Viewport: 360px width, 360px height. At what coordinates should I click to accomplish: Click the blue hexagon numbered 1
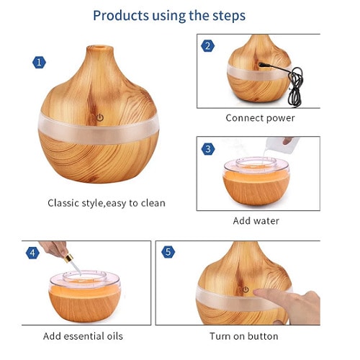[x=39, y=63]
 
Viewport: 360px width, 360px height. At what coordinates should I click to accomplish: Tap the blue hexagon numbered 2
[x=208, y=46]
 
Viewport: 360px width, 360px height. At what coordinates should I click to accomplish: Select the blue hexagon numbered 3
[x=208, y=149]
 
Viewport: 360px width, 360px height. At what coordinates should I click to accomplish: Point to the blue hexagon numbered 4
[x=32, y=253]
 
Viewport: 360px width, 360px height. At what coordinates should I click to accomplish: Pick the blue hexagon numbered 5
[x=168, y=252]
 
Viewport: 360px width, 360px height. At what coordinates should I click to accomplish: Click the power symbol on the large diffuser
[x=100, y=117]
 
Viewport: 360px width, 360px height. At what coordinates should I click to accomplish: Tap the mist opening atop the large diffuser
[x=100, y=48]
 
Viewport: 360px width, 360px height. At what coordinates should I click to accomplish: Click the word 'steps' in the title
[x=225, y=16]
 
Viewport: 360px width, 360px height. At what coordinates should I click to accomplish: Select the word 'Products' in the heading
[x=121, y=15]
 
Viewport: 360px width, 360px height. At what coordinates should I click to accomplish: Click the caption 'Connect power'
[x=260, y=118]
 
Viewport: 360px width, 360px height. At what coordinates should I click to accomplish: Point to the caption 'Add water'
[x=256, y=221]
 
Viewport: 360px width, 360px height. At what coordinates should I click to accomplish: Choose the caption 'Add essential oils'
[x=83, y=336]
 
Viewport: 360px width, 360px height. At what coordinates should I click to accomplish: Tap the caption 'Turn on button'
[x=244, y=336]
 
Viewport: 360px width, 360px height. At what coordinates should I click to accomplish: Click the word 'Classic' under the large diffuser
[x=63, y=203]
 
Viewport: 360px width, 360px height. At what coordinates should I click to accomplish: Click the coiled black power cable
[x=295, y=87]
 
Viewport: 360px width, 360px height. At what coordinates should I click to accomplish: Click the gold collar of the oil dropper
[x=69, y=258]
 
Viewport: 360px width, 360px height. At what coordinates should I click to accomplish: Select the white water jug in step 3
[x=282, y=145]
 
